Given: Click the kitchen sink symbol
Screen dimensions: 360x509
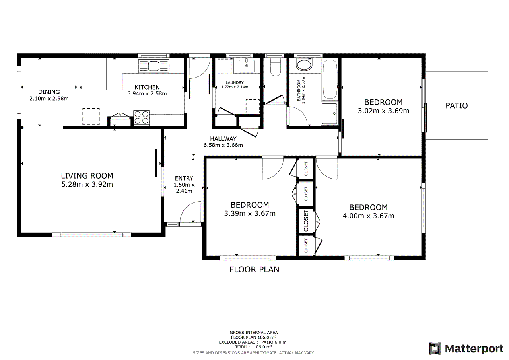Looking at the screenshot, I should click(x=153, y=66).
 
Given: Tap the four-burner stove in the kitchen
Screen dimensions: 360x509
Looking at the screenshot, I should click(x=141, y=117).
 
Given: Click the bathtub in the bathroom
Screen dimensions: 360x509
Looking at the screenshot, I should click(x=330, y=79).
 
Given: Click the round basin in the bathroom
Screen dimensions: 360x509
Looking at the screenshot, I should click(x=305, y=66).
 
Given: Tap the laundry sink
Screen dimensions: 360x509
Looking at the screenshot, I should click(x=247, y=66).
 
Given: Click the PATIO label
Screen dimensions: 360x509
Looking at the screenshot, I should click(x=457, y=106).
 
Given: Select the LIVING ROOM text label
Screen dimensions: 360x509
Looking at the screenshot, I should click(x=87, y=175).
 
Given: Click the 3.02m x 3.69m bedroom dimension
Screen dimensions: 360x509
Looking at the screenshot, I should click(x=383, y=111).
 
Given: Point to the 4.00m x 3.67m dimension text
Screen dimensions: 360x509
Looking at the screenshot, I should click(x=368, y=216).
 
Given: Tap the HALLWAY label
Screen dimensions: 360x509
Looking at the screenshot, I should click(x=223, y=138).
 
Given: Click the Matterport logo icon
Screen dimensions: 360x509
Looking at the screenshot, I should click(x=435, y=349).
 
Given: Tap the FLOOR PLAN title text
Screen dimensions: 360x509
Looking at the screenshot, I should click(x=254, y=269).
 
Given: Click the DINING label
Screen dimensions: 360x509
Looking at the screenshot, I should click(x=49, y=92).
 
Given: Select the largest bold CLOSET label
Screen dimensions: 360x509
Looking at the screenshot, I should click(x=306, y=221).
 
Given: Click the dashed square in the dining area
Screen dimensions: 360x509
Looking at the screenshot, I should click(x=91, y=116).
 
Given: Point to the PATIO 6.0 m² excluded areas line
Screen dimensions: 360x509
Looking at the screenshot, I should click(x=254, y=342).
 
